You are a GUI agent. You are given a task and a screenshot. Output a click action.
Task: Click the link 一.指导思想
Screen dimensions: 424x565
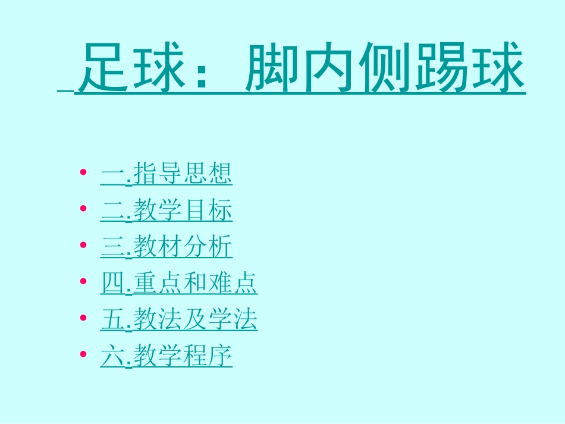167,175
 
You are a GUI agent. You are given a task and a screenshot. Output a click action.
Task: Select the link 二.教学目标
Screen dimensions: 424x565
167,211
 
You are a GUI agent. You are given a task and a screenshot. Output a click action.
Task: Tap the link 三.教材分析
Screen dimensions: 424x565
167,247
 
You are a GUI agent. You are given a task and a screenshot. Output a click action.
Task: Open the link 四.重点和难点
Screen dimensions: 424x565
179,284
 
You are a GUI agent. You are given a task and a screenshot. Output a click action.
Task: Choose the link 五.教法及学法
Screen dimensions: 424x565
179,320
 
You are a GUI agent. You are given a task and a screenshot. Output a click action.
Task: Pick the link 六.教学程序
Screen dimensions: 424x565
167,356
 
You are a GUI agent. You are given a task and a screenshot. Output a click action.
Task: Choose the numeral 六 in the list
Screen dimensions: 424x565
111,357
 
